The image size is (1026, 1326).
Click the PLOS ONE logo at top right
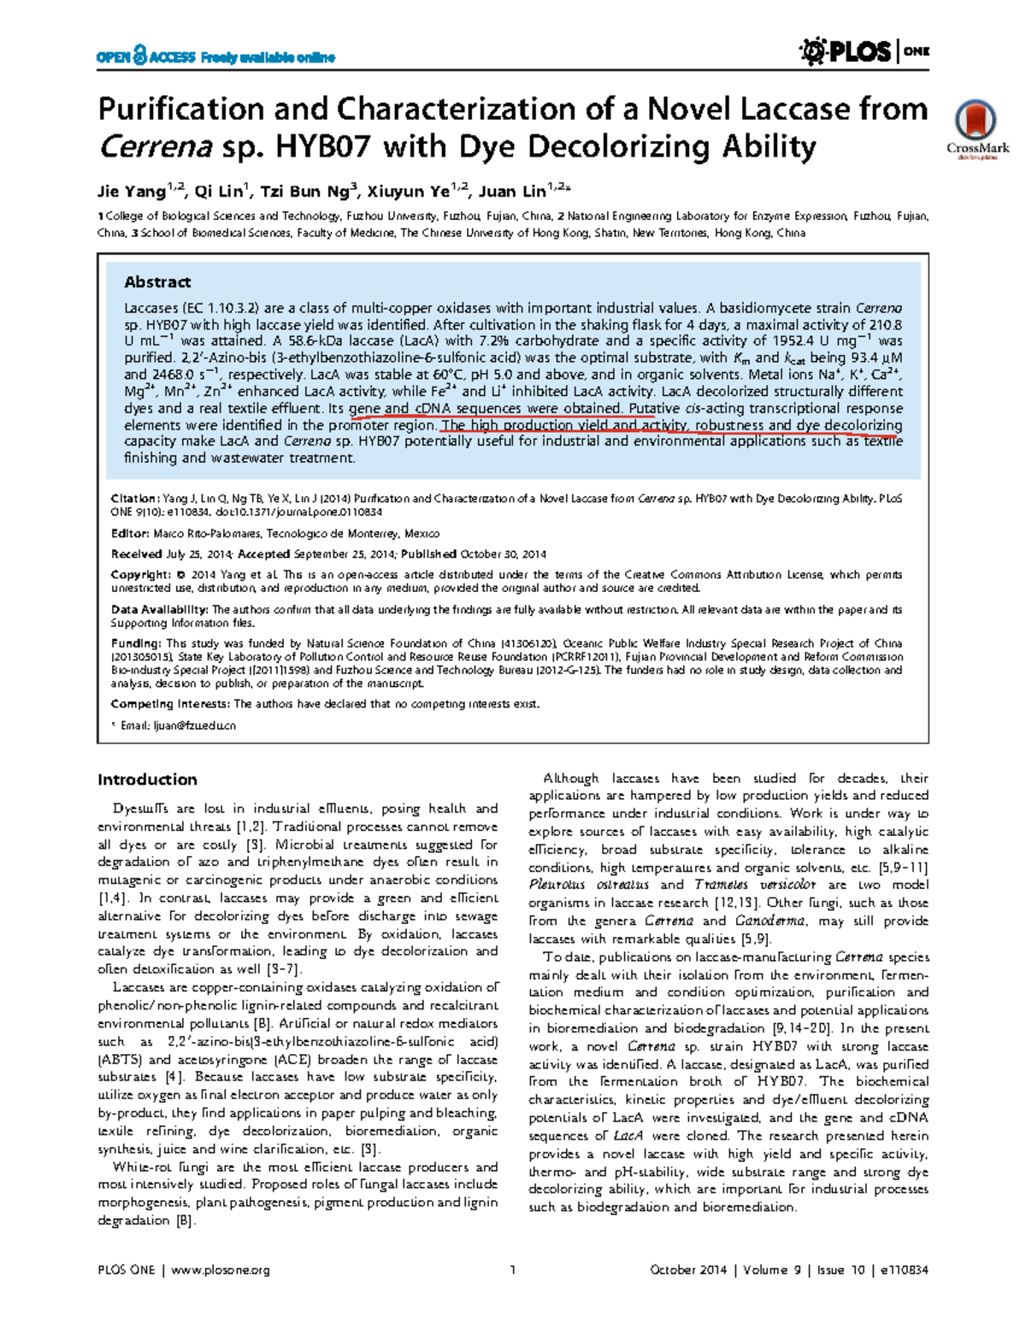point(864,52)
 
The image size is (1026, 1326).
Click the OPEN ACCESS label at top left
point(146,57)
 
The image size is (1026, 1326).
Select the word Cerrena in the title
point(155,147)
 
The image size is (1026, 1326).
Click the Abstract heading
point(157,282)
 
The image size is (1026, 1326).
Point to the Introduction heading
point(147,779)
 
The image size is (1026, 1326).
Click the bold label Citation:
point(134,498)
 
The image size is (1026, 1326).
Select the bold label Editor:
point(130,533)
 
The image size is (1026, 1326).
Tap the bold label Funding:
point(135,643)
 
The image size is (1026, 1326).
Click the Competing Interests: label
point(170,704)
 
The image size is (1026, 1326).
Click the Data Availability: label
point(159,610)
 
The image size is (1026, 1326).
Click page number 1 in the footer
point(512,1270)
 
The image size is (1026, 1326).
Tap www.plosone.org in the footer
point(221,1270)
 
